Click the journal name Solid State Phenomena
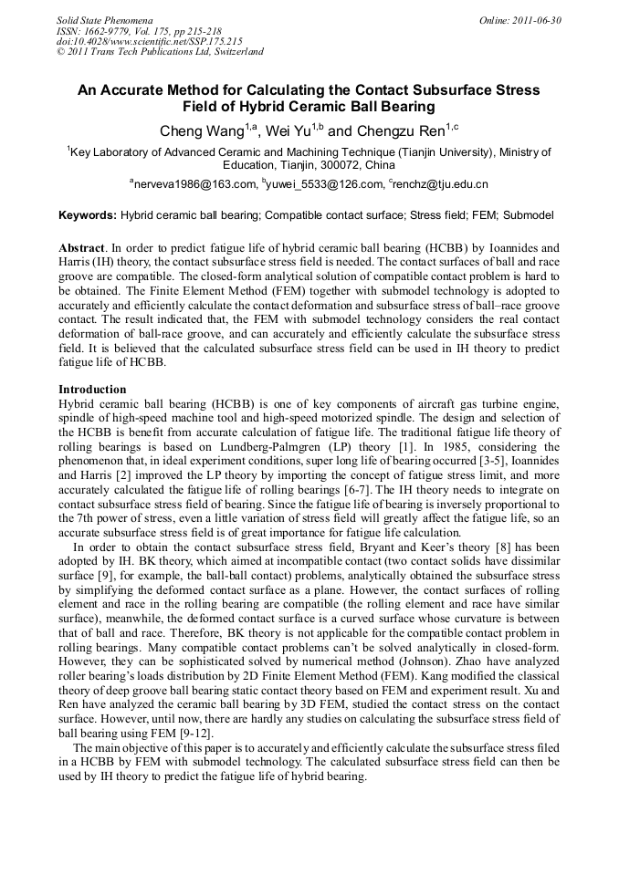(104, 20)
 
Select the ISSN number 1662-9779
(106, 31)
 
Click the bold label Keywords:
(88, 216)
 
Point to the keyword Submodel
(529, 216)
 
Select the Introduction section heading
(92, 390)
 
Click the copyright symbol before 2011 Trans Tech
(61, 52)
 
